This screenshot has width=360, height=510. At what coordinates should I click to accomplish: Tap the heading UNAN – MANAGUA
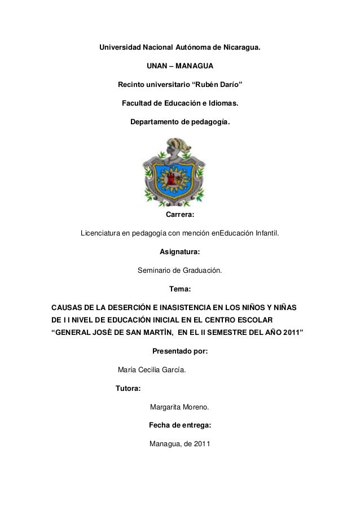(x=180, y=67)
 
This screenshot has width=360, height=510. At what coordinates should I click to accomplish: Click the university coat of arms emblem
(x=179, y=172)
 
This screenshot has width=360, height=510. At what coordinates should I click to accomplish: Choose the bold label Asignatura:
(x=179, y=252)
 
